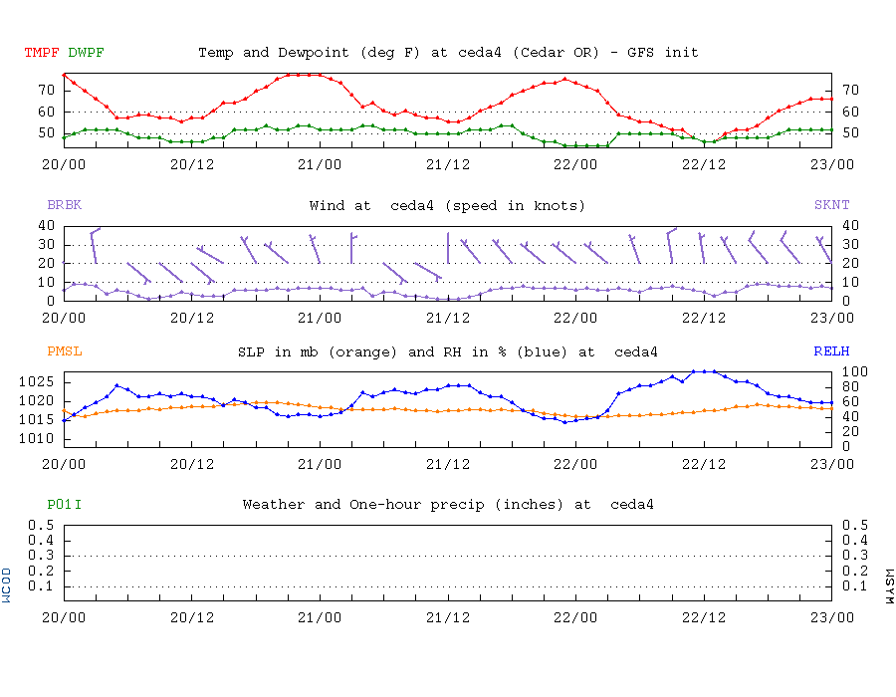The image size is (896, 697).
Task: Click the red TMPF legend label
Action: [x=42, y=53]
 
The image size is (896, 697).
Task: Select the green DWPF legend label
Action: [x=87, y=53]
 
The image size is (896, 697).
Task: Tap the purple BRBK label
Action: [x=64, y=206]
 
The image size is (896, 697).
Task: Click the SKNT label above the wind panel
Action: [x=831, y=206]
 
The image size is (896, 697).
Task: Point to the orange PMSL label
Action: [x=64, y=351]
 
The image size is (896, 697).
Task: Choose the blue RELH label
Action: [x=831, y=351]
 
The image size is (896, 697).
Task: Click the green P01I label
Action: [x=64, y=505]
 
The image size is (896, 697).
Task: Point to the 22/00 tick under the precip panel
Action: [x=575, y=616]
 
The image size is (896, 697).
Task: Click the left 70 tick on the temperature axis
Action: [x=46, y=90]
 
